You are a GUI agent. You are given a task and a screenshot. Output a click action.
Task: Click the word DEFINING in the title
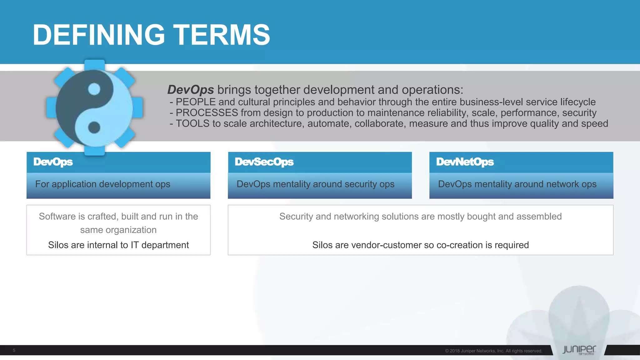point(98,35)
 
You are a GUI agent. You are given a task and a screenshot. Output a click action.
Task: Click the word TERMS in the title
point(222,35)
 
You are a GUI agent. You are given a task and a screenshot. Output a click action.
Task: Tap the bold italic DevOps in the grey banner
point(191,90)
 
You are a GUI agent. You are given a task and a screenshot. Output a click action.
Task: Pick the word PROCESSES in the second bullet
point(207,112)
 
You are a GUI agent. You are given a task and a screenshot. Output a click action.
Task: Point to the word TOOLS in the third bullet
point(192,123)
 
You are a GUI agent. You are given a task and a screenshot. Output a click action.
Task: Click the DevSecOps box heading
point(264,162)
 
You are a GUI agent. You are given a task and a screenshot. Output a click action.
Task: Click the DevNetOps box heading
point(465,162)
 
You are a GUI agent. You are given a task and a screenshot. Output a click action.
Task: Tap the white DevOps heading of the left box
point(53,162)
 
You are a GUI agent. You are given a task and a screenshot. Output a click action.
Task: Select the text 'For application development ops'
point(102,184)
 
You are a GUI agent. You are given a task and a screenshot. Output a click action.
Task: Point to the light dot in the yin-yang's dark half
point(94,89)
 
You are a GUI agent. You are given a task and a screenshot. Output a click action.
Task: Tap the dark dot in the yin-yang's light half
point(94,127)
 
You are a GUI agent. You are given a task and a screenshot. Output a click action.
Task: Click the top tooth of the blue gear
point(94,64)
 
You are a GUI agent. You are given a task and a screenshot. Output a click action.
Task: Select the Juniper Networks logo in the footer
point(579,350)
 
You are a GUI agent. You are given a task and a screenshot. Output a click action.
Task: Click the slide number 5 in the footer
point(14,350)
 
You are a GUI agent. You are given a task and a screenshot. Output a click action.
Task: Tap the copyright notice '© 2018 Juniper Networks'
point(493,351)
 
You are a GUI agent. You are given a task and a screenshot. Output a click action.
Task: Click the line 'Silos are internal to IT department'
point(118,245)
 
